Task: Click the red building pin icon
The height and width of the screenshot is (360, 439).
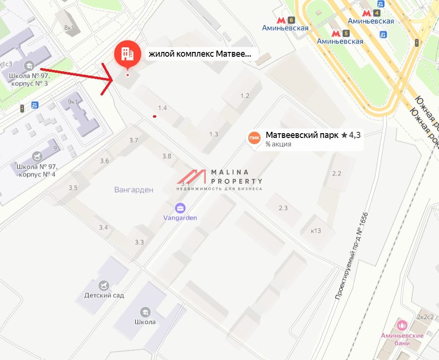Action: (x=127, y=54)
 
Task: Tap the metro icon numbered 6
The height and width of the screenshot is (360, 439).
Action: (x=281, y=20)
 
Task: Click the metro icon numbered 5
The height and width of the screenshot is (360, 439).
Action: (x=336, y=34)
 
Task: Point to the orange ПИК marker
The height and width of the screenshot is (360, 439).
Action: (x=254, y=137)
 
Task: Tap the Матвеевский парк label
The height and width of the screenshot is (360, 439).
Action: (x=302, y=135)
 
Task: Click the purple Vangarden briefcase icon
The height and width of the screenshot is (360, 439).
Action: (x=180, y=207)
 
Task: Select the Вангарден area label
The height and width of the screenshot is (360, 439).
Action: (x=134, y=190)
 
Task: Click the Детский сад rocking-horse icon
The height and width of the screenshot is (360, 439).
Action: (x=104, y=285)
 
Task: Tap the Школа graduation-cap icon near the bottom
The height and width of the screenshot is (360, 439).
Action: (x=145, y=312)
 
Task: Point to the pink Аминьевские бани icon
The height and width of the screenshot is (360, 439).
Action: (x=402, y=325)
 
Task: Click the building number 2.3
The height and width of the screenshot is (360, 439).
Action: (x=283, y=208)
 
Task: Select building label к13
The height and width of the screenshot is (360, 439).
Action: (x=316, y=231)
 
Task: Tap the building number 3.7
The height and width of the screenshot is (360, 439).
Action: (x=134, y=140)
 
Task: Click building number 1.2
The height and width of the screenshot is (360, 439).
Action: (x=245, y=96)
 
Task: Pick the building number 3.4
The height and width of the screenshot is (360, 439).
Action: (x=103, y=228)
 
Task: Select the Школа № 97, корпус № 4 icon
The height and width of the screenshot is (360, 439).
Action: (x=37, y=156)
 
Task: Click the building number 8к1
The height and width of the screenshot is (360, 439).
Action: (x=69, y=27)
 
